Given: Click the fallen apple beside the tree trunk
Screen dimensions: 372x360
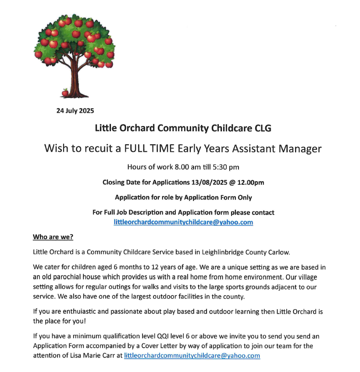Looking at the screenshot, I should [65, 92].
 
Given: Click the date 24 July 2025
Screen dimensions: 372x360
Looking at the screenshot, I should [75, 111].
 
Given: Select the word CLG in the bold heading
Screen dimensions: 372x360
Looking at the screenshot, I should [263, 129].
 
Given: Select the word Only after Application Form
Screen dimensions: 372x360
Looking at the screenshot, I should [244, 197].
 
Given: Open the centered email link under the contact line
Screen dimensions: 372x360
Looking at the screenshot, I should [183, 222].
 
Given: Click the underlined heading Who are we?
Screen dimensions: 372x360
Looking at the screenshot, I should [53, 237].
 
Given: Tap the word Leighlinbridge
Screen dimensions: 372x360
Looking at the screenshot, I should [208, 252].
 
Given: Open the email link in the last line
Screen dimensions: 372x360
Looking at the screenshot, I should [192, 356].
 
